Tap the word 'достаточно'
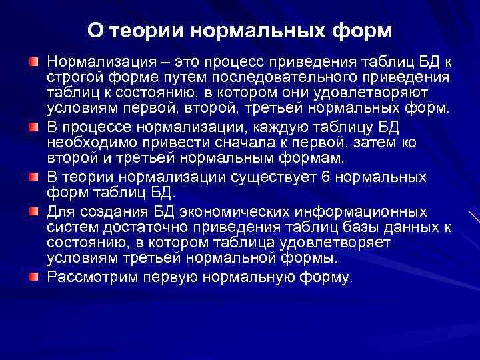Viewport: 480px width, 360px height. tap(138, 228)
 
